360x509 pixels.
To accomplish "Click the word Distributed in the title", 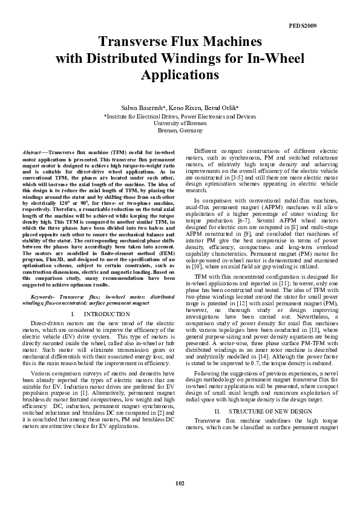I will [129, 59].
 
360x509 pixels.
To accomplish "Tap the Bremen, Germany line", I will [180, 130].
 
